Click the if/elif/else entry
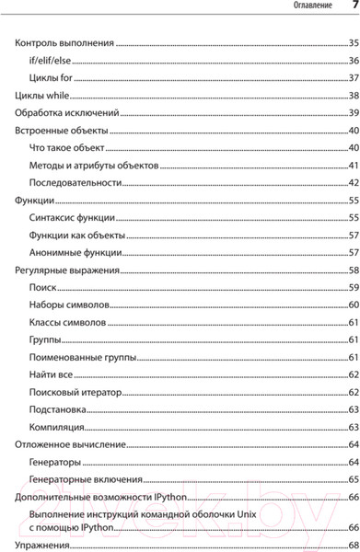point(53,60)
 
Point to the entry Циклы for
point(52,77)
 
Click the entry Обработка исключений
point(66,112)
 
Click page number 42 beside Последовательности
point(353,182)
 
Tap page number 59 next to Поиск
point(353,287)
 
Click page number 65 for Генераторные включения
point(353,479)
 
